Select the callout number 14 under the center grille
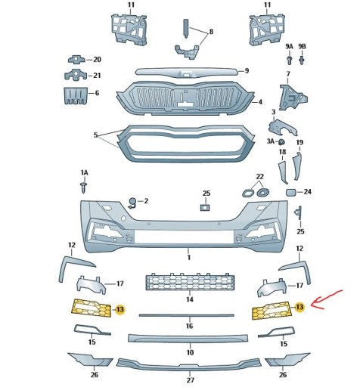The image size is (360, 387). tap(190, 299)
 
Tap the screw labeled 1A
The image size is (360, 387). tap(84, 187)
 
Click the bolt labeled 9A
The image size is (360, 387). tap(289, 60)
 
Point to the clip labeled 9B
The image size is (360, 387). tap(302, 60)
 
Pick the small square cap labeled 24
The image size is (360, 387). tap(291, 193)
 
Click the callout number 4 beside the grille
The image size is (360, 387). tap(260, 102)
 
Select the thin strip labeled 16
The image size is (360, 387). tap(187, 315)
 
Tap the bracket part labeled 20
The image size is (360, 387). tap(77, 60)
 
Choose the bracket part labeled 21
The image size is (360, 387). tap(76, 75)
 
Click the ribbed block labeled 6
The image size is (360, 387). tap(75, 96)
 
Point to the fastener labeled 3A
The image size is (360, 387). tap(281, 142)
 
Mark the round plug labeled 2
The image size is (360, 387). tap(132, 203)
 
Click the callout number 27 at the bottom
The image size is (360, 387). tap(191, 379)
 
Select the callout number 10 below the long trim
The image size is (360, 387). tap(190, 352)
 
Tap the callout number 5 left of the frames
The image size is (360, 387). tap(95, 135)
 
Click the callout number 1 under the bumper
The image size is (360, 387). tap(188, 258)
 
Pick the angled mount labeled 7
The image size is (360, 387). tap(293, 98)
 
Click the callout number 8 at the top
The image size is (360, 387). tap(211, 32)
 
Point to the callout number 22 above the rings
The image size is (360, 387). tap(259, 177)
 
